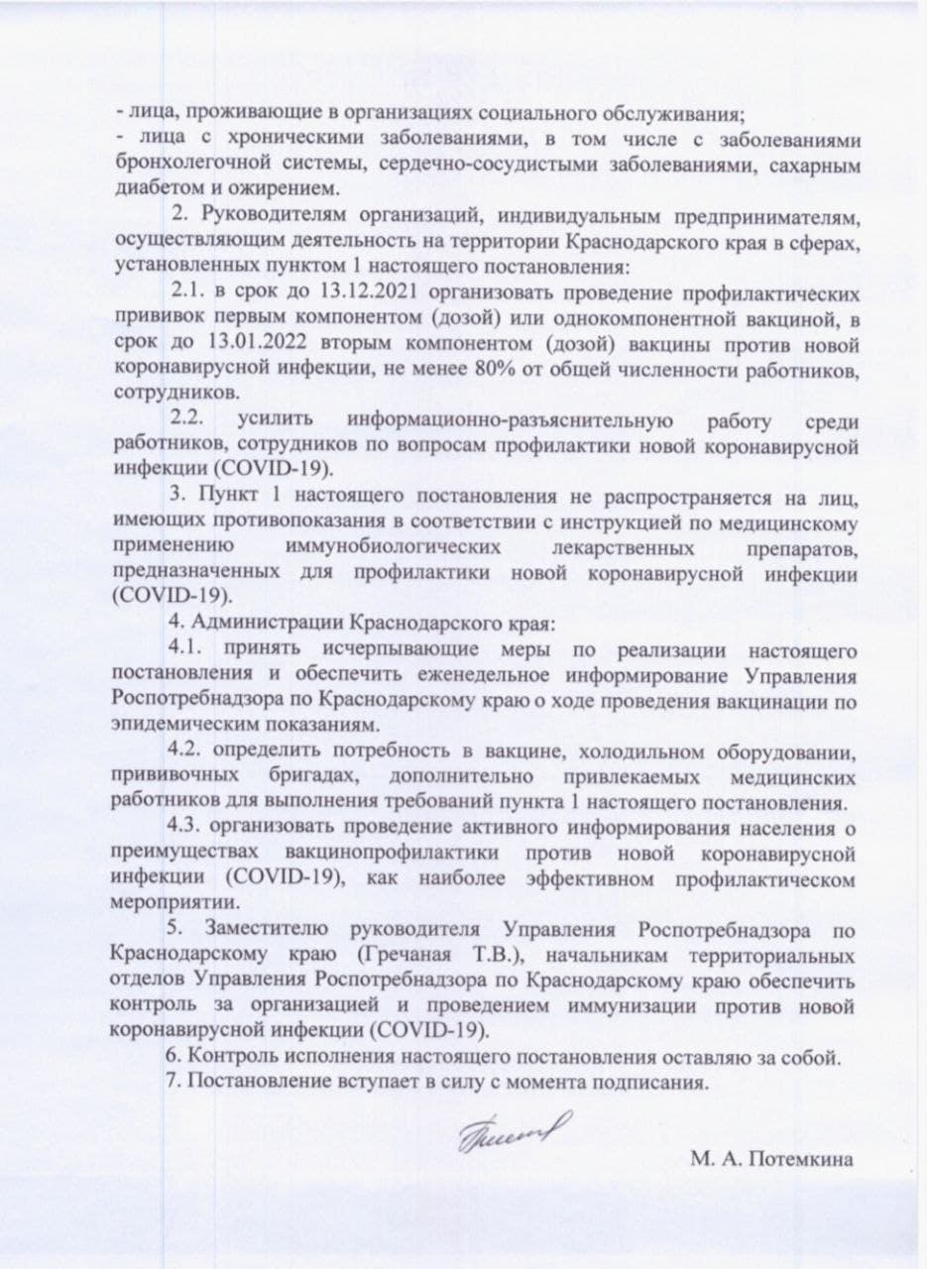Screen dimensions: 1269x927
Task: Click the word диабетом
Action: (156, 188)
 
